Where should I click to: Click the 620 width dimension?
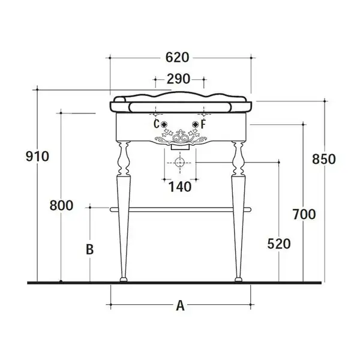(x=177, y=57)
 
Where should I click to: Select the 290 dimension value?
(x=178, y=79)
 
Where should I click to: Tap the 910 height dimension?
(x=37, y=157)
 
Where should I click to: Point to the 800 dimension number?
(x=61, y=205)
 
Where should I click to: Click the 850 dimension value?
(x=324, y=159)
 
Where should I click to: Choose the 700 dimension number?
(x=304, y=214)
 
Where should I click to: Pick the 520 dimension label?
(x=279, y=244)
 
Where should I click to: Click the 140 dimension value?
(x=180, y=187)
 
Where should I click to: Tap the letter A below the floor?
(x=180, y=305)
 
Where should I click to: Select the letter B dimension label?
(x=90, y=250)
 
